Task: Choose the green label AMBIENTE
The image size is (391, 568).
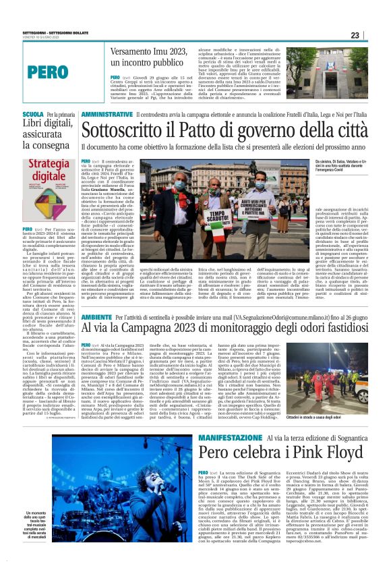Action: pos(96,316)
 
